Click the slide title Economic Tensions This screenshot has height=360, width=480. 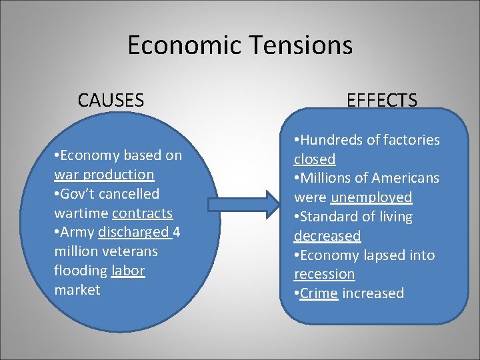(239, 45)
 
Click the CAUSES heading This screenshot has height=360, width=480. (111, 101)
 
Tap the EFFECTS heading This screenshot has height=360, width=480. (382, 101)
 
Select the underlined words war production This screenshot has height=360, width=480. (104, 175)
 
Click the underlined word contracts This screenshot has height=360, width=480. (142, 213)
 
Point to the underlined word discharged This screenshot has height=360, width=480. (133, 233)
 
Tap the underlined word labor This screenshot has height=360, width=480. (128, 271)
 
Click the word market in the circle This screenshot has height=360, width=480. (77, 290)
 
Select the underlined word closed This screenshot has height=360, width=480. (315, 159)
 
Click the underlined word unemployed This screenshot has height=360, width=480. (371, 198)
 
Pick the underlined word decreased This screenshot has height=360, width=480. (327, 236)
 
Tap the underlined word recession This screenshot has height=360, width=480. (325, 274)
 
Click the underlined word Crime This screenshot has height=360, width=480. (318, 293)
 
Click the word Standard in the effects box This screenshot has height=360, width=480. (327, 217)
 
